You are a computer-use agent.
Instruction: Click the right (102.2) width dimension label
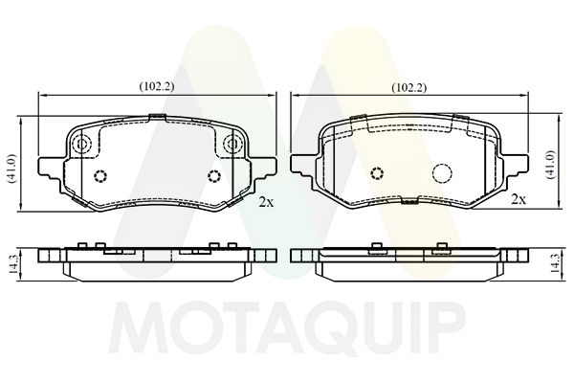(x=409, y=86)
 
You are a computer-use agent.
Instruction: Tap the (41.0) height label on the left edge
(x=11, y=171)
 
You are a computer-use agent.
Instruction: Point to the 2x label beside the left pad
(x=266, y=202)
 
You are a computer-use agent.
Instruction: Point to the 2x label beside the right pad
(x=519, y=200)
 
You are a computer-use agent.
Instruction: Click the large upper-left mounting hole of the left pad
(x=82, y=146)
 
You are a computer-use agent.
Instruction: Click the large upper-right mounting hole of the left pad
(x=231, y=146)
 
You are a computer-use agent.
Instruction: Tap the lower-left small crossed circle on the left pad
(x=100, y=175)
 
